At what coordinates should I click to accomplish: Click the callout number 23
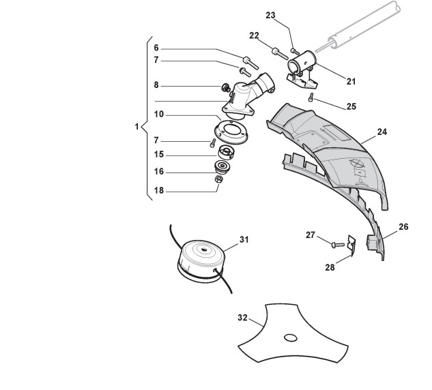point(289,15)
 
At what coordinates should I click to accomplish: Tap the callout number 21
point(351,81)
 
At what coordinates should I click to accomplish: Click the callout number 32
point(242,318)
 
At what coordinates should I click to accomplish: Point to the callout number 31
point(244,240)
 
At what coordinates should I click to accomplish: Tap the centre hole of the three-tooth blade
point(290,337)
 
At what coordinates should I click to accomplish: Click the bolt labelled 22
point(276,51)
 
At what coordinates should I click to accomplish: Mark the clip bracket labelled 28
point(351,244)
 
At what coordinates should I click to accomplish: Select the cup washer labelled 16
point(222,166)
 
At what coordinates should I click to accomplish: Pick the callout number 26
point(403,227)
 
